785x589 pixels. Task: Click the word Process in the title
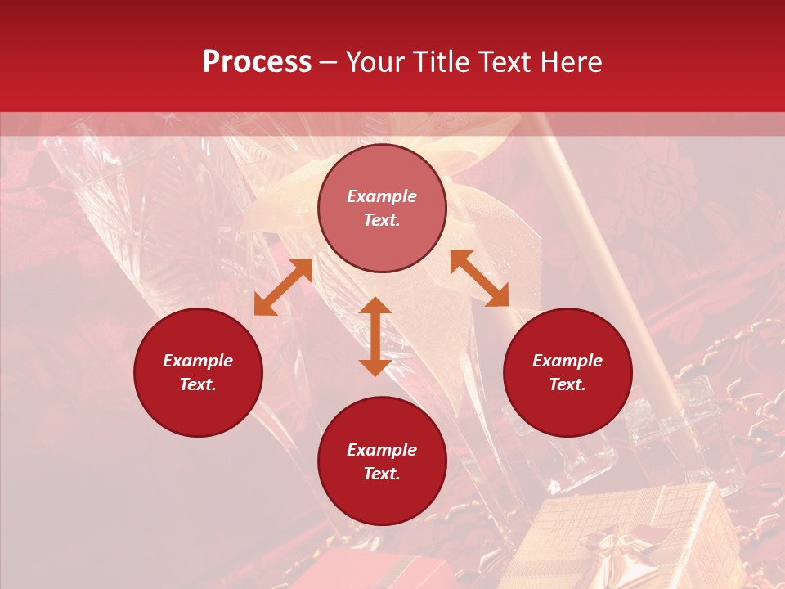point(257,62)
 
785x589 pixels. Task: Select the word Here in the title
point(570,62)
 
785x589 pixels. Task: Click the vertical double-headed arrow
point(375,336)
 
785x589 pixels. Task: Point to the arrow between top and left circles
point(283,287)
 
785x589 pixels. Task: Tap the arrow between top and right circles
point(479,278)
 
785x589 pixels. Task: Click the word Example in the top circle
point(382,196)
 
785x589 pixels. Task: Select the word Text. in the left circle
point(198,384)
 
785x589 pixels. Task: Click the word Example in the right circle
point(567,361)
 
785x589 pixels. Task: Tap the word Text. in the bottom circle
point(382,474)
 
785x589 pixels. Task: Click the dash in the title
point(329,62)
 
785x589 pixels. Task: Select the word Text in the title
point(505,62)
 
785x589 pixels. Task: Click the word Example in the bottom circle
point(382,450)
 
